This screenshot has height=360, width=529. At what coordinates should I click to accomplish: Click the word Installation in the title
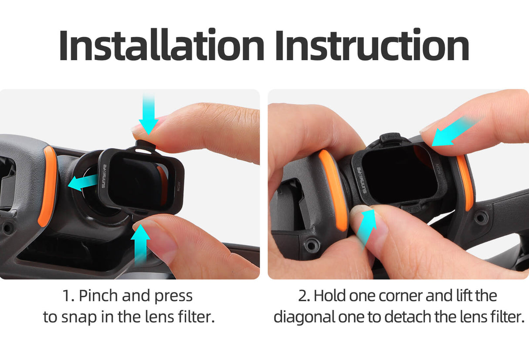click(x=161, y=46)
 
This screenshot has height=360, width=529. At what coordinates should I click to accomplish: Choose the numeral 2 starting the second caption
click(x=303, y=296)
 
